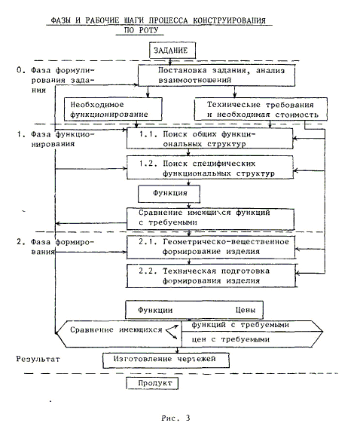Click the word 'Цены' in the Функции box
[x=245, y=310]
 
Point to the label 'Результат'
[x=38, y=359]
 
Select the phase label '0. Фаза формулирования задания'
[x=56, y=80]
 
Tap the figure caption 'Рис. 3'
[x=175, y=418]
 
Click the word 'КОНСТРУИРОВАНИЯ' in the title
[x=230, y=20]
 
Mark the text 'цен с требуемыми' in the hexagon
[x=230, y=340]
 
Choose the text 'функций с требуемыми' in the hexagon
[x=240, y=325]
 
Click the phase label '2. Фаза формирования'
[x=56, y=247]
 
